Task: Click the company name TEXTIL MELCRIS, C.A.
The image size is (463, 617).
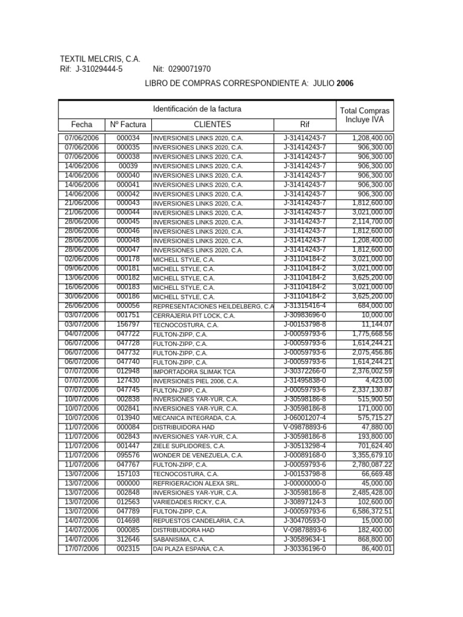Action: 100,59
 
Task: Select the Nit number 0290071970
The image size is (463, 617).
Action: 190,70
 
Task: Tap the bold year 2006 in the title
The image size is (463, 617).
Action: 345,83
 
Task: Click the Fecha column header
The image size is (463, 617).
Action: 81,125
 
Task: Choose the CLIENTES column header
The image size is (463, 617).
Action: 212,125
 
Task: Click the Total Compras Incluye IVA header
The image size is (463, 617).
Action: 364,115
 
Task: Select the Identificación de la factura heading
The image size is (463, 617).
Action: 197,109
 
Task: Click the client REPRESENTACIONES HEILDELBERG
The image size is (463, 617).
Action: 212,306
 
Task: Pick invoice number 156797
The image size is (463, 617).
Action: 128,325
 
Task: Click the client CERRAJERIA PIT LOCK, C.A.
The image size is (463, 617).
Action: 194,316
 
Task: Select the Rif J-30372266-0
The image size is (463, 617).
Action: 304,371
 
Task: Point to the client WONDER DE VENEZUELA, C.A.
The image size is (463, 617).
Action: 198,456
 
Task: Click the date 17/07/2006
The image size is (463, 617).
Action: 81,548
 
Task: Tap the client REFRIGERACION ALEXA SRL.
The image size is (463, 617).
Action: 195,483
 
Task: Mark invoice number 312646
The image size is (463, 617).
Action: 128,539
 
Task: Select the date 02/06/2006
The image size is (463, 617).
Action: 81,259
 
